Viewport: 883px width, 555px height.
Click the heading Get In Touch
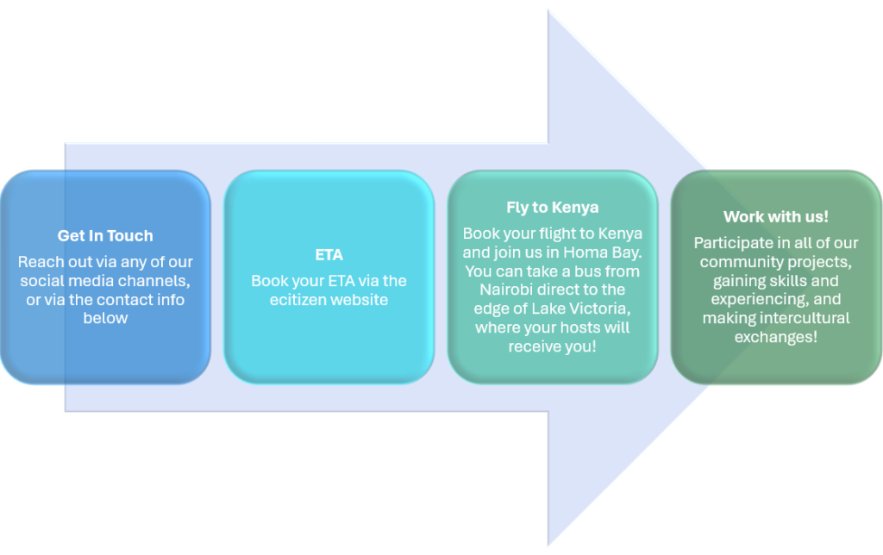105,235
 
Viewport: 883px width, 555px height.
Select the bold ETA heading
329,255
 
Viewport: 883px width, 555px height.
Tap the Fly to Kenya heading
552,207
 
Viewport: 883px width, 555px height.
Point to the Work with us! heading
776,216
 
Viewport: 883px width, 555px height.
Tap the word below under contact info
105,318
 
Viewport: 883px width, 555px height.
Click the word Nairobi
510,290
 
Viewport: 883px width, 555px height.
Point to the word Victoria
598,309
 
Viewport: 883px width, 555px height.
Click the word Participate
735,243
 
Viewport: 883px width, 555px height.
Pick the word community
741,262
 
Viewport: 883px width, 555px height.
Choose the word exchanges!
775,337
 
